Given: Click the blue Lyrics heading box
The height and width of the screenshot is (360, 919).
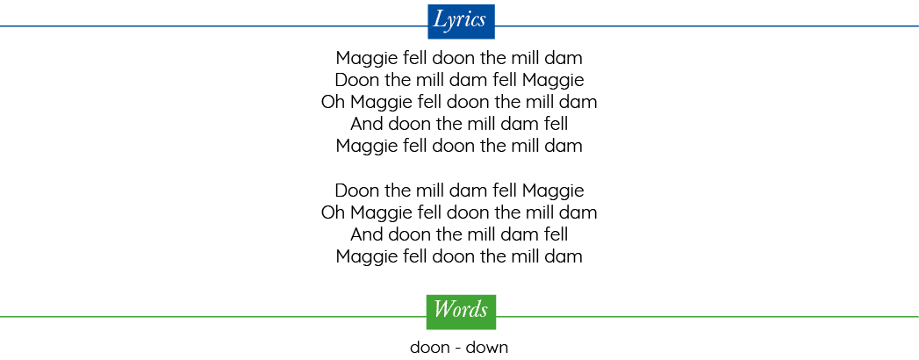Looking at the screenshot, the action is click(x=462, y=22).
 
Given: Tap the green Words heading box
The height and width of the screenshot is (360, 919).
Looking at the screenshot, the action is click(x=462, y=312).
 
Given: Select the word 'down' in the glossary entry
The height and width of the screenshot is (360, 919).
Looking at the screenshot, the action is click(x=487, y=348).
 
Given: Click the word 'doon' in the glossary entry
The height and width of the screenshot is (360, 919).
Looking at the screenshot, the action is click(x=429, y=348).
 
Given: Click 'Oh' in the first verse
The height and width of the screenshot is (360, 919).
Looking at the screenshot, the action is click(x=334, y=102).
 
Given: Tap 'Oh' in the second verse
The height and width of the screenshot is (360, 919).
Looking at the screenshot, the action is click(x=334, y=212).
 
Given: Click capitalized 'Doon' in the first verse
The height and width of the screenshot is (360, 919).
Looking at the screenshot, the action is click(x=357, y=80).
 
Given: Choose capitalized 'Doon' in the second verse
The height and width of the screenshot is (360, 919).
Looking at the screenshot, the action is click(x=357, y=190).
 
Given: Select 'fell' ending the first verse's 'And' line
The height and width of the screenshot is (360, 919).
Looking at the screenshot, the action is click(x=556, y=124).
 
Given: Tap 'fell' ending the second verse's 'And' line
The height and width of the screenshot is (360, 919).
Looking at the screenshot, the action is click(x=556, y=234).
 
